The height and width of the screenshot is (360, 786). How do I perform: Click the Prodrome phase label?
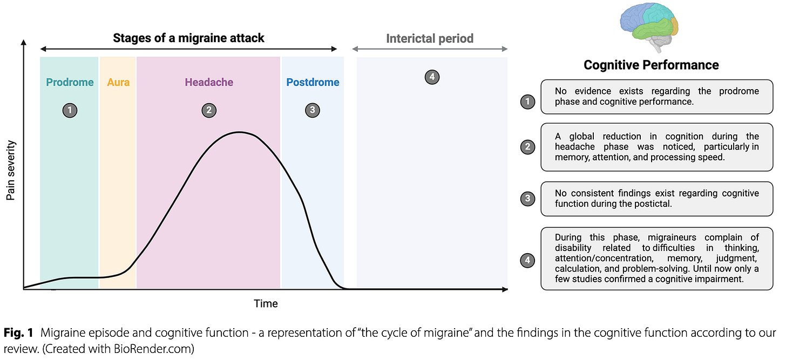70,83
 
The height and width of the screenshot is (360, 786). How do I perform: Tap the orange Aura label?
118,83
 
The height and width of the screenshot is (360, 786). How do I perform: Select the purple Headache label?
209,83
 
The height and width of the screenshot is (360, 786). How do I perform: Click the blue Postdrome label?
313,83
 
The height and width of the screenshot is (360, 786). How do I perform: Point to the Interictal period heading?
430,39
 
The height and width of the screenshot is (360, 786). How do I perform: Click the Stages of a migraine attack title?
188,38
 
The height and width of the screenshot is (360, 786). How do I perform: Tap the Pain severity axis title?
11,171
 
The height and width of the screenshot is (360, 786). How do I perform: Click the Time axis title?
266,304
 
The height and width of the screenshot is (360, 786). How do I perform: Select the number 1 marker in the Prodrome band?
70,111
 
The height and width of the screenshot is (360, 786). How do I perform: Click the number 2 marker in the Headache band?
209,111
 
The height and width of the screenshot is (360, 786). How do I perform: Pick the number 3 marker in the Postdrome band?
312,111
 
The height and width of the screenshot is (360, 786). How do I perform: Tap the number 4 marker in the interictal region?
431,77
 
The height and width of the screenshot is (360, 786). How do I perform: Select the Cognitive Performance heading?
651,65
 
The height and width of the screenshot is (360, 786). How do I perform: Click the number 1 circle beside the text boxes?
527,101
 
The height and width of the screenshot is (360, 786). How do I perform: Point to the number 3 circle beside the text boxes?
527,199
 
